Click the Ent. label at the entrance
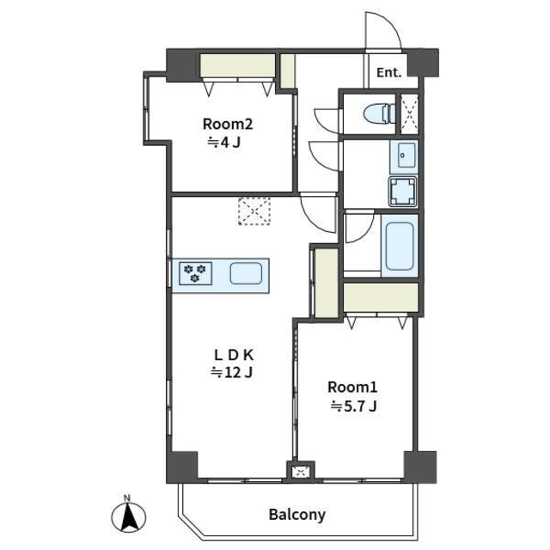(x=388, y=72)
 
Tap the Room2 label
(x=228, y=124)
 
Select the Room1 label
(x=352, y=388)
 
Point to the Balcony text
(x=297, y=515)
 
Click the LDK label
(x=234, y=355)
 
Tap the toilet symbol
(x=380, y=113)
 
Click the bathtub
(x=400, y=246)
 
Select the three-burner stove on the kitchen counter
(x=195, y=273)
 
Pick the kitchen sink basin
(x=246, y=273)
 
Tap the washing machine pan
(x=403, y=192)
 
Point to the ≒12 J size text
(x=231, y=373)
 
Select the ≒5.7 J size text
(x=353, y=406)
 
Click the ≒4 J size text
(x=224, y=143)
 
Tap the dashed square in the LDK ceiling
(x=254, y=211)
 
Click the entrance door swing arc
(x=393, y=24)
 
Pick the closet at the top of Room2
(x=237, y=65)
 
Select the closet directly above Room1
(x=381, y=297)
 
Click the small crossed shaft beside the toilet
(x=409, y=113)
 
